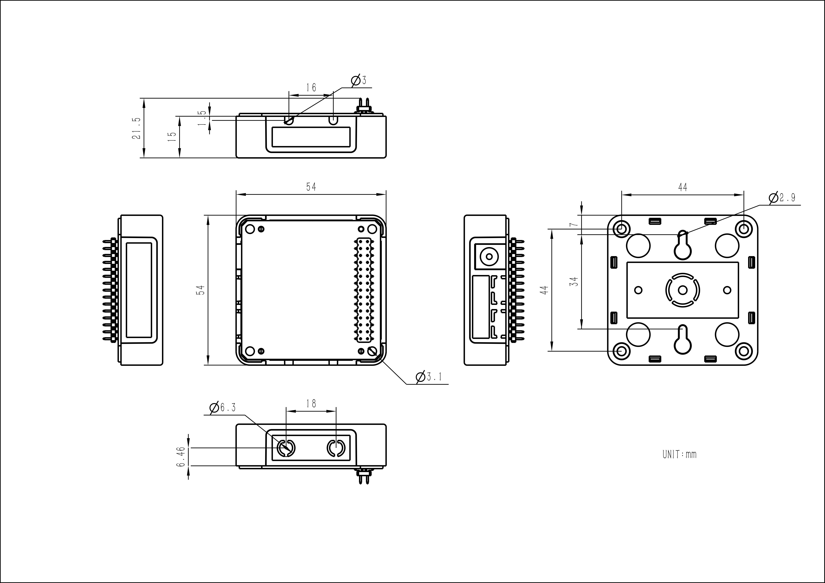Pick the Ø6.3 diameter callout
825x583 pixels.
[223, 408]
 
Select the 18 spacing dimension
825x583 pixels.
[311, 404]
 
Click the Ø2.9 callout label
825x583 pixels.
[782, 198]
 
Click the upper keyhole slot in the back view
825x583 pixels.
[683, 246]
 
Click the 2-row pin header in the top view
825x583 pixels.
[364, 290]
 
